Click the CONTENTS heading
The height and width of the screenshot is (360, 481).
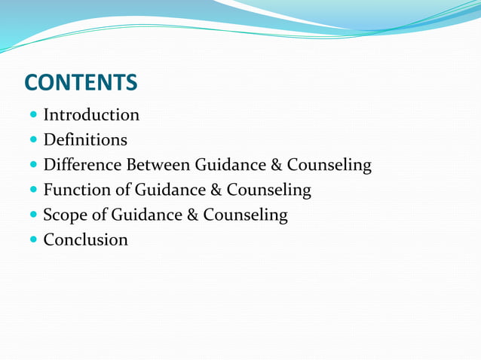pyautogui.click(x=81, y=82)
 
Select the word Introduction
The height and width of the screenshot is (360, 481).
pyautogui.click(x=91, y=115)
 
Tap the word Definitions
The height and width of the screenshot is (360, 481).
pyautogui.click(x=85, y=140)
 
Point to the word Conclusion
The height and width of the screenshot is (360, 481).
pyautogui.click(x=85, y=240)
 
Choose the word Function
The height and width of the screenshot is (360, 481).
pyautogui.click(x=75, y=190)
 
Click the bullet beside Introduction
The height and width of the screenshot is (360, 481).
pyautogui.click(x=33, y=116)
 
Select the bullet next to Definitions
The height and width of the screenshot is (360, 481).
pyautogui.click(x=33, y=141)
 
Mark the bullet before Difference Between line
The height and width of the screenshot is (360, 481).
pyautogui.click(x=33, y=166)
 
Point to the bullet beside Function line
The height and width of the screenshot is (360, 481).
pyautogui.click(x=33, y=191)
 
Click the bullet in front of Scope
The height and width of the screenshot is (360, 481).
pyautogui.click(x=33, y=216)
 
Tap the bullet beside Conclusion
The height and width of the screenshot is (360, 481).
pyautogui.click(x=33, y=241)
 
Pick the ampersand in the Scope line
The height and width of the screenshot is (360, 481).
pyautogui.click(x=191, y=215)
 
